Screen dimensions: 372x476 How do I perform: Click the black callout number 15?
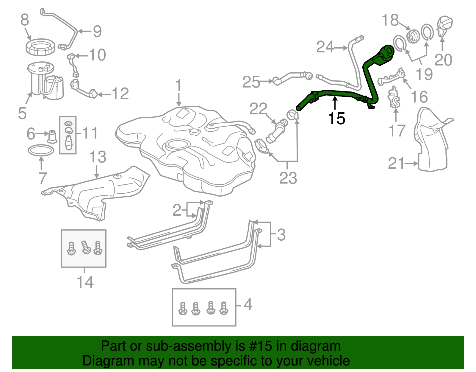click(336, 119)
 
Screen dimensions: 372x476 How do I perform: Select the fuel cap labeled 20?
click(444, 26)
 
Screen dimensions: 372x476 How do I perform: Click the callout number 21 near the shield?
click(396, 164)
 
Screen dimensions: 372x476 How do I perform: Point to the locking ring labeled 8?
click(40, 47)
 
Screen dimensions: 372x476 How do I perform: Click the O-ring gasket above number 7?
click(41, 150)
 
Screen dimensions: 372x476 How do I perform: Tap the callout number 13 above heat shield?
click(98, 157)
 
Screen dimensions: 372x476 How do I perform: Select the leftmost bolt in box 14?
click(71, 248)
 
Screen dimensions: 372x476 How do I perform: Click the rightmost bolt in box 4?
click(223, 308)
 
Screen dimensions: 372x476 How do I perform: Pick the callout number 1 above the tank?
click(178, 86)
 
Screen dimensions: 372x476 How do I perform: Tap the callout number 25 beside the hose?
click(251, 82)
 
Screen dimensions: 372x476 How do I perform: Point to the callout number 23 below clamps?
click(288, 178)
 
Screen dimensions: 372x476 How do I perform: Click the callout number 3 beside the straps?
click(281, 235)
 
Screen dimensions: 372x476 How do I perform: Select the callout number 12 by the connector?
click(120, 94)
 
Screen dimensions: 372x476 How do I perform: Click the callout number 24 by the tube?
click(325, 47)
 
